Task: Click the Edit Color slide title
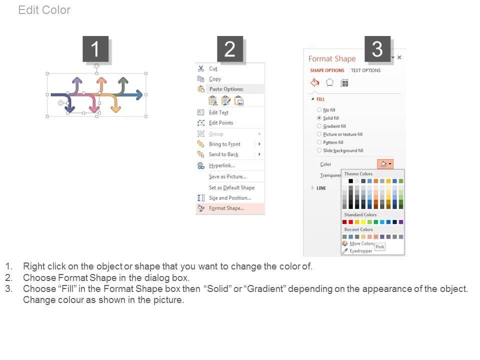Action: pyautogui.click(x=44, y=10)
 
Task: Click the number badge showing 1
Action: pyautogui.click(x=95, y=49)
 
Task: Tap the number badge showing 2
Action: pyautogui.click(x=230, y=49)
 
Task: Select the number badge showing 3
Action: pyautogui.click(x=377, y=49)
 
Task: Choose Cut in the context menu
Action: pyautogui.click(x=213, y=68)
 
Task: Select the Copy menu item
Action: pyautogui.click(x=215, y=79)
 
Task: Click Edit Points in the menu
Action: pyautogui.click(x=221, y=123)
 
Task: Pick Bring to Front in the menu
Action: pyautogui.click(x=224, y=144)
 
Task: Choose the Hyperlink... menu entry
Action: pyautogui.click(x=222, y=165)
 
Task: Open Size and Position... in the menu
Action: pyautogui.click(x=230, y=198)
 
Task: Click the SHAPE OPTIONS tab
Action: pyautogui.click(x=327, y=70)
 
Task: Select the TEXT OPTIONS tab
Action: pyautogui.click(x=365, y=70)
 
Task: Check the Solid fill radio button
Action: pyautogui.click(x=319, y=118)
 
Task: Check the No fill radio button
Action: pyautogui.click(x=319, y=109)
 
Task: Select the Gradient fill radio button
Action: pyautogui.click(x=319, y=126)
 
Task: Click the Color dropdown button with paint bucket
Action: pyautogui.click(x=385, y=164)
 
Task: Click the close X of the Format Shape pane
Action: pyautogui.click(x=399, y=57)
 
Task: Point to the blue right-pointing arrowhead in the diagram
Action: pyautogui.click(x=139, y=95)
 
